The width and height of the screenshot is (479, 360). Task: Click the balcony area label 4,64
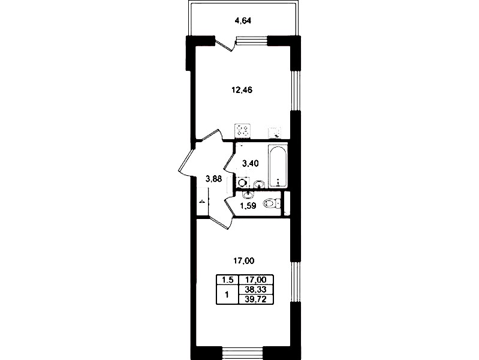[x=243, y=21]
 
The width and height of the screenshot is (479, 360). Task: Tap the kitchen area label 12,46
[x=242, y=90]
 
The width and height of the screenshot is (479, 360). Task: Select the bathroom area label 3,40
[x=250, y=164]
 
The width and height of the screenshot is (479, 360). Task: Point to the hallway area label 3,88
[x=213, y=179]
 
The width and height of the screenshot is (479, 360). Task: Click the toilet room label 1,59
[x=248, y=206]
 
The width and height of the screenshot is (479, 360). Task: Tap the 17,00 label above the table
[x=244, y=261]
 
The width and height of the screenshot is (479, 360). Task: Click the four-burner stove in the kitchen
[x=242, y=131]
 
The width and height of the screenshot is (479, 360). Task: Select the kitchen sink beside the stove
[x=275, y=133]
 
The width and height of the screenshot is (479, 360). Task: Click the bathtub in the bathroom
[x=278, y=166]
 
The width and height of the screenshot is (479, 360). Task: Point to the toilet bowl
[x=272, y=203]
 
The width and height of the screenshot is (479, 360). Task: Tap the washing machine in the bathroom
[x=243, y=182]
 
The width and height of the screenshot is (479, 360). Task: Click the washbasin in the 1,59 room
[x=248, y=194]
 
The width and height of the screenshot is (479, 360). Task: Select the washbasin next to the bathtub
[x=259, y=184]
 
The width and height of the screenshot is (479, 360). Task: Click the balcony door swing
[x=227, y=44]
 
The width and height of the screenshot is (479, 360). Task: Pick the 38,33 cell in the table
[x=256, y=289]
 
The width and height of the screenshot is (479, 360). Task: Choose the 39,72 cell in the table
[x=256, y=299]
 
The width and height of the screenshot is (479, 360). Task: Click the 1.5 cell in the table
[x=227, y=280]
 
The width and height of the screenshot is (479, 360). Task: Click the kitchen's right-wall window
[x=295, y=90]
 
